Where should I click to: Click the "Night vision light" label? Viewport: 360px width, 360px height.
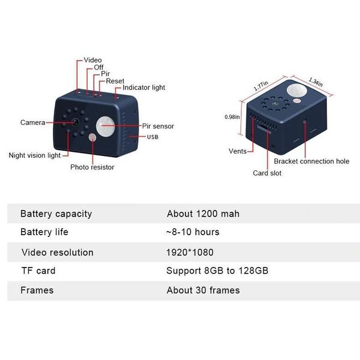click(35, 155)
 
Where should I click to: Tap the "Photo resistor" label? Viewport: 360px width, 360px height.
click(92, 167)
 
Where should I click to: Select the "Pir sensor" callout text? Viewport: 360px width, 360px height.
click(158, 127)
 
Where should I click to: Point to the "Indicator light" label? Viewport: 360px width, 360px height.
click(144, 88)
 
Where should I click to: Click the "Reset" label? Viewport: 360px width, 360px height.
click(115, 80)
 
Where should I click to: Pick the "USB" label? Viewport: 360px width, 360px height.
click(153, 137)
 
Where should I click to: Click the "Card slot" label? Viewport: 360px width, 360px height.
click(267, 173)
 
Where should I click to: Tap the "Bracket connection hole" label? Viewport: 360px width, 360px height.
click(311, 161)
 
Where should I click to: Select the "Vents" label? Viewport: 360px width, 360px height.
click(238, 151)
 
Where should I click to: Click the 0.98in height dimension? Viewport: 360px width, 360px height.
click(232, 117)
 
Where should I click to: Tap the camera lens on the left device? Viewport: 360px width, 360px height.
click(76, 122)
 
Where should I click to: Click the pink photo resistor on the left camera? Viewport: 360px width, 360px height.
click(93, 138)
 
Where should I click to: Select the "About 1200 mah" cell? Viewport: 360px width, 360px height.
click(203, 214)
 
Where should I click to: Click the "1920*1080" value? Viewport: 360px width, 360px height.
click(190, 252)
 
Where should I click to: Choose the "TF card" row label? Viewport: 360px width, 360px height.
click(38, 271)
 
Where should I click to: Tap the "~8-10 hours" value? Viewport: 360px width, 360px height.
click(193, 232)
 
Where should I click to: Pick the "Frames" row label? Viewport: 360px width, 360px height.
click(37, 290)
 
